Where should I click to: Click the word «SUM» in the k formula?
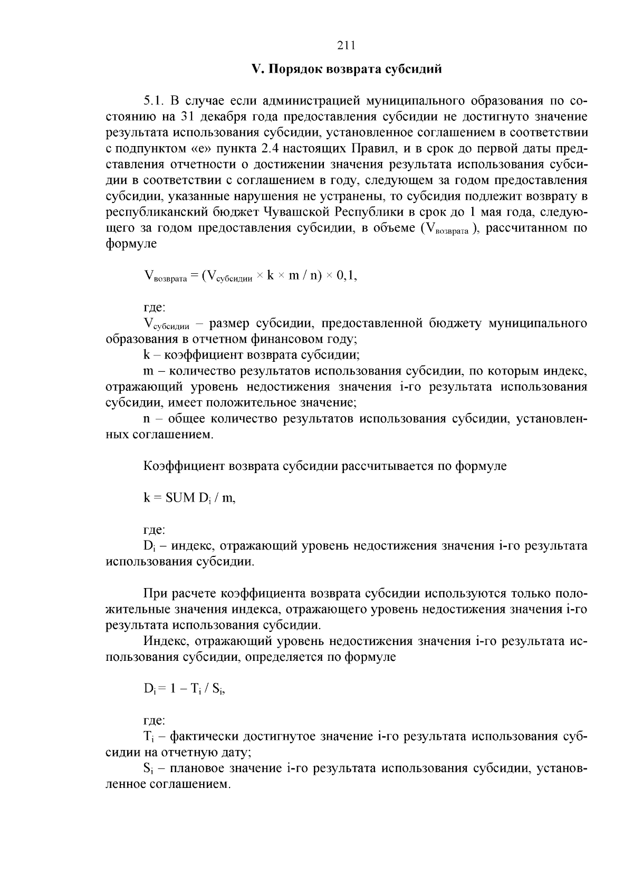[x=180, y=497]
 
